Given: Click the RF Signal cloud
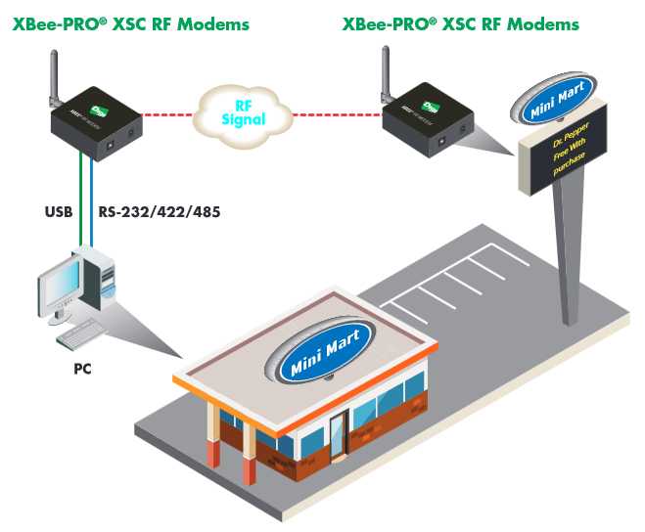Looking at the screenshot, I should click(244, 111).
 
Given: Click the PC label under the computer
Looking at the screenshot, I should click(84, 371).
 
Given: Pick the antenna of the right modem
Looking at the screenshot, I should click(385, 78).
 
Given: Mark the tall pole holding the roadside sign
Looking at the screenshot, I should click(564, 254).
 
